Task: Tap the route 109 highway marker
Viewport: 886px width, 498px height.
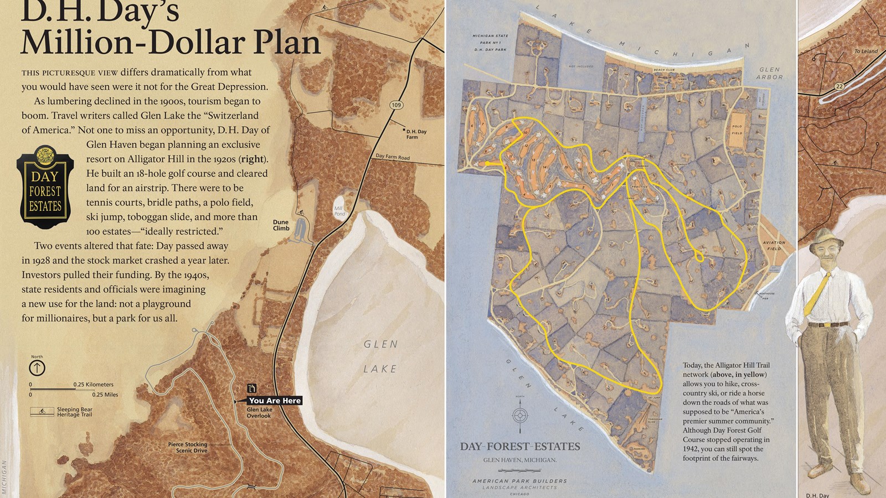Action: pyautogui.click(x=396, y=105)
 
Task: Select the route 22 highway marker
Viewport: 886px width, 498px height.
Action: pyautogui.click(x=839, y=86)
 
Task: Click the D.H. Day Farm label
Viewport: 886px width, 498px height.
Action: pyautogui.click(x=416, y=134)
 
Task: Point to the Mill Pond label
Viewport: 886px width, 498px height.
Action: pyautogui.click(x=339, y=211)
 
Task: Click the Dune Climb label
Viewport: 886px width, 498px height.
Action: pyautogui.click(x=281, y=225)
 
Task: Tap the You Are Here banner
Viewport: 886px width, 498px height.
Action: pyautogui.click(x=275, y=401)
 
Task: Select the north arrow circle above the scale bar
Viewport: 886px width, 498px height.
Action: pyautogui.click(x=37, y=368)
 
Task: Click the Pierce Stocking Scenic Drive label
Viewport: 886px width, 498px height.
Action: pyautogui.click(x=188, y=447)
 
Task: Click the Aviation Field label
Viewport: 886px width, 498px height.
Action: pyautogui.click(x=774, y=245)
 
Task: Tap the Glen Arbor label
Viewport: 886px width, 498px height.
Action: pyautogui.click(x=770, y=73)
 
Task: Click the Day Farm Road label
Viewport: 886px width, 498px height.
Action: pyautogui.click(x=393, y=157)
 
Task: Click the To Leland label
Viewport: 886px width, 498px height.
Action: pyautogui.click(x=866, y=51)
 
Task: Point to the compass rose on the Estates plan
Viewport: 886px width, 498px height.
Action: pyautogui.click(x=519, y=415)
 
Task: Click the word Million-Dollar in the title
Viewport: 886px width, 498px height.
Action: pyautogui.click(x=171, y=43)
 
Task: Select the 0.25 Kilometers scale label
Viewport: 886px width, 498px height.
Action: pyautogui.click(x=93, y=385)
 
